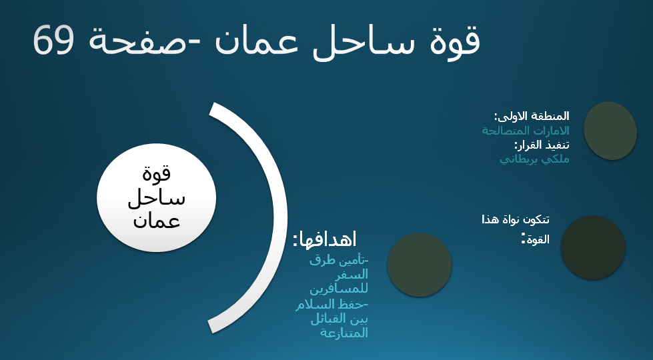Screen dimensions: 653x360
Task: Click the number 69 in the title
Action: [x=54, y=40]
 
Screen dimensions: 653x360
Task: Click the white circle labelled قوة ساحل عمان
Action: [x=157, y=198]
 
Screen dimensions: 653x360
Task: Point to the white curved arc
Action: [x=280, y=217]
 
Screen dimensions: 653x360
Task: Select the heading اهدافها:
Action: [x=325, y=239]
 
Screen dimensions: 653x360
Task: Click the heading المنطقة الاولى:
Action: [x=532, y=116]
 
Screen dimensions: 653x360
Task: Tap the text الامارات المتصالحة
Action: [x=526, y=131]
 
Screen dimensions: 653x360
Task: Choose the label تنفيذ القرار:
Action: [x=542, y=145]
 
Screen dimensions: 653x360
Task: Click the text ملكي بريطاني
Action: [x=534, y=159]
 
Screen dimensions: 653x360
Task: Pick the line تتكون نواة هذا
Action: [x=516, y=219]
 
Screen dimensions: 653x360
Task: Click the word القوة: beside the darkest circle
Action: [x=536, y=239]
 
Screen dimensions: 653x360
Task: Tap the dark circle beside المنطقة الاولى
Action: [x=610, y=131]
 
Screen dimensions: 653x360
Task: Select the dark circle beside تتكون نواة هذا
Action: [x=592, y=247]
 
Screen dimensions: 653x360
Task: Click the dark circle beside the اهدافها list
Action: [x=420, y=265]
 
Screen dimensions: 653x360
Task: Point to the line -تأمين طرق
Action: [x=340, y=261]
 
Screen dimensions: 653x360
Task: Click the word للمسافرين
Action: [x=339, y=288]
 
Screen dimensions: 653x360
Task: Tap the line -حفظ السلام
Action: [x=332, y=305]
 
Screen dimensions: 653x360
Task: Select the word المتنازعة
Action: [x=344, y=333]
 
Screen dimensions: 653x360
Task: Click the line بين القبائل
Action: [x=340, y=319]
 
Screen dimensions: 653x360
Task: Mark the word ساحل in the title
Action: [x=359, y=43]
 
